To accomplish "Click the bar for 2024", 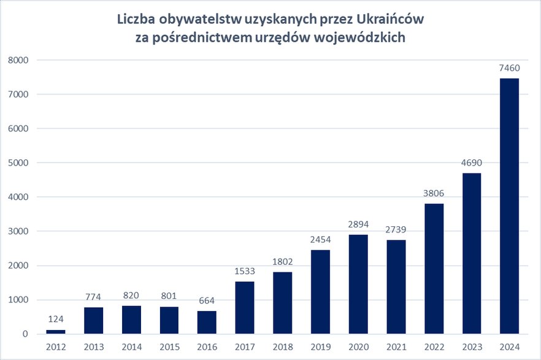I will [510, 206].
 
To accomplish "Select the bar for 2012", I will [56, 332].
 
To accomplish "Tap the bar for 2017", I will [245, 308].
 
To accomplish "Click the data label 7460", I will [510, 69].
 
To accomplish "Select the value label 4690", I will [472, 164].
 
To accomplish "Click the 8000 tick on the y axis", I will [18, 60].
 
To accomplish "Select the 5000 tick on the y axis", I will [18, 163].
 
